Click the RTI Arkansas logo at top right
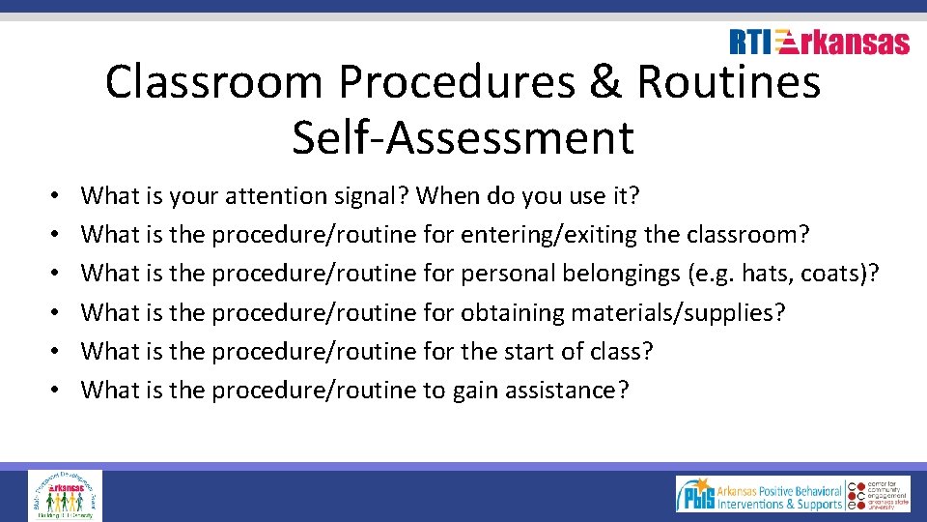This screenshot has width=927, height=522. (x=819, y=43)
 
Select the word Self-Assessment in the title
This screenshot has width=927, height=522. (x=463, y=136)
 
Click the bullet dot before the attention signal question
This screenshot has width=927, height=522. (x=53, y=196)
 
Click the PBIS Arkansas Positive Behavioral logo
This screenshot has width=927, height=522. (x=759, y=494)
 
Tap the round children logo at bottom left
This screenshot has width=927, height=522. (x=64, y=495)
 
